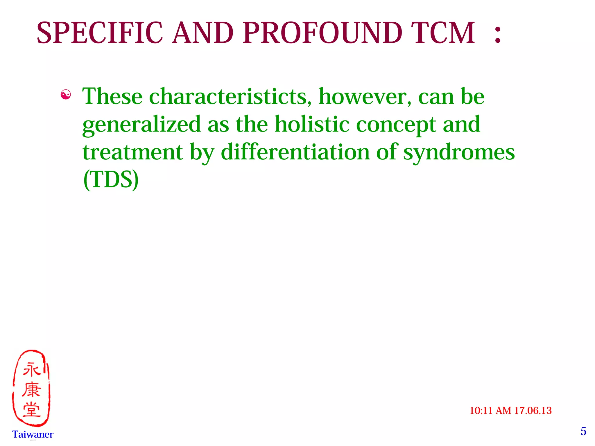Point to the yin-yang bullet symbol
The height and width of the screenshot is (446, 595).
(66, 95)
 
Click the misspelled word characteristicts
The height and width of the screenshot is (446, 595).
(228, 96)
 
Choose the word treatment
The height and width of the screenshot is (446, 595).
(133, 152)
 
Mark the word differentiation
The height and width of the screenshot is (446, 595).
(295, 152)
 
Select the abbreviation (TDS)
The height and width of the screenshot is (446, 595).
(111, 180)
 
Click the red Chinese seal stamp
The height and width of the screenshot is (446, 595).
(31, 388)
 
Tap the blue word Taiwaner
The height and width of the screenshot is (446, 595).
(33, 434)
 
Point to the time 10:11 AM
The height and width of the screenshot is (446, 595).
(491, 411)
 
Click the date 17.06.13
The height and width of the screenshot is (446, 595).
(533, 411)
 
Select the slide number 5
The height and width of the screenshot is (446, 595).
(583, 431)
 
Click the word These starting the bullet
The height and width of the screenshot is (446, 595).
(112, 96)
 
